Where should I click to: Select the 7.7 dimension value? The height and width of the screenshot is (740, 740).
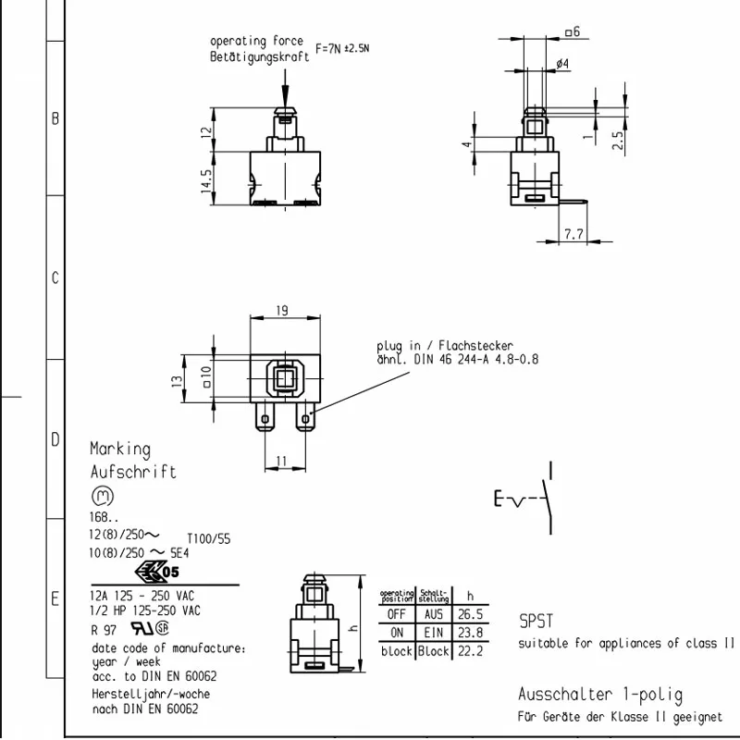click(x=573, y=235)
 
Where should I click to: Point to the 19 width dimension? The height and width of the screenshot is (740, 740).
click(x=282, y=312)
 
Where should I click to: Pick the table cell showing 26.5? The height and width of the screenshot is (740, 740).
click(x=470, y=614)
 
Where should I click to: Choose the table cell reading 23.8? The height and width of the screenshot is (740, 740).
click(x=470, y=633)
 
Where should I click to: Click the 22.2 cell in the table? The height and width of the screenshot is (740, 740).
click(x=470, y=651)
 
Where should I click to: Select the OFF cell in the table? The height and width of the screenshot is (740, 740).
click(x=397, y=614)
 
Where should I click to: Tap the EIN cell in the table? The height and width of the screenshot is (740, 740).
click(x=433, y=633)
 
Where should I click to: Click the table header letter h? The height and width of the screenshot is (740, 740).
click(x=470, y=596)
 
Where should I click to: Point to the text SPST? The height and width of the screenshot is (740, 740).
click(x=536, y=623)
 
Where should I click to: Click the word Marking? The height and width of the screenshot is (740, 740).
click(x=120, y=450)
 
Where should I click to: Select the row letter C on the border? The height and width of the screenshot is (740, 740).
click(x=55, y=278)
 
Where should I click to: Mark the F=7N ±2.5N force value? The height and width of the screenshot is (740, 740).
click(x=342, y=48)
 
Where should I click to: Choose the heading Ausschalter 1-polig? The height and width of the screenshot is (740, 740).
click(x=599, y=696)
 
